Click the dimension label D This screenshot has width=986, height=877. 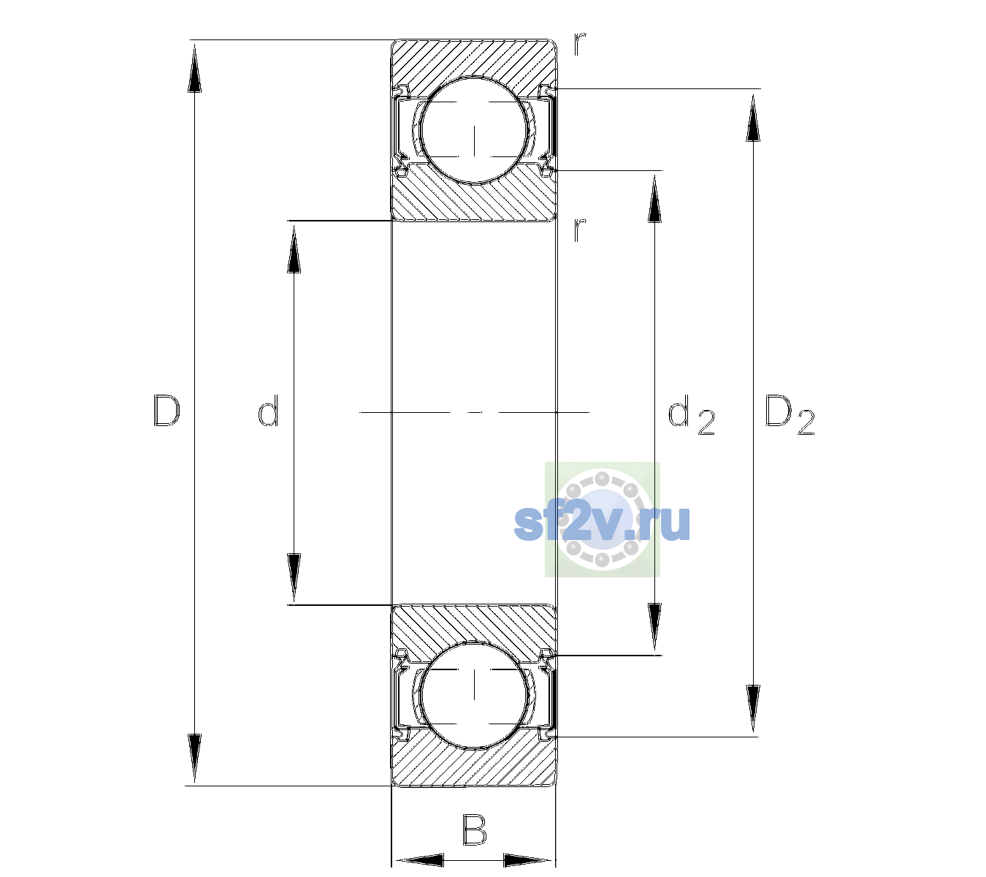click(167, 411)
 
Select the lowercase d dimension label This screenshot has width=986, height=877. click(268, 411)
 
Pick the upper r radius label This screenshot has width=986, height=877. click(580, 44)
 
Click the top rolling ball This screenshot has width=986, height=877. click(474, 131)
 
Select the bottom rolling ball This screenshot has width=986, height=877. click(474, 694)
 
